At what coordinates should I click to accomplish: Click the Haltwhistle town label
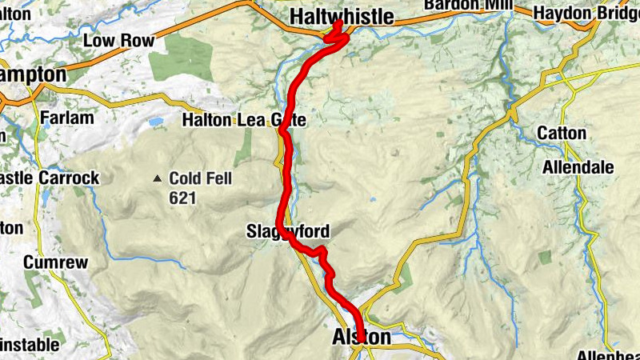tap(342, 16)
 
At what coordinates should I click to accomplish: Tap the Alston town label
tap(362, 338)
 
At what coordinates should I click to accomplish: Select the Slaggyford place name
tap(288, 233)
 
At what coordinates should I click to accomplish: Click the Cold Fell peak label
tap(200, 178)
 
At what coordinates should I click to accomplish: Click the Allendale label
tap(578, 168)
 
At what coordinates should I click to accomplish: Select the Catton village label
tap(562, 133)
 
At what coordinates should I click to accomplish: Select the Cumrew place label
tap(50, 262)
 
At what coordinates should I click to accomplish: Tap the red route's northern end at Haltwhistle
tap(339, 24)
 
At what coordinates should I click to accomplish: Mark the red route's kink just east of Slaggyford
tap(322, 253)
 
